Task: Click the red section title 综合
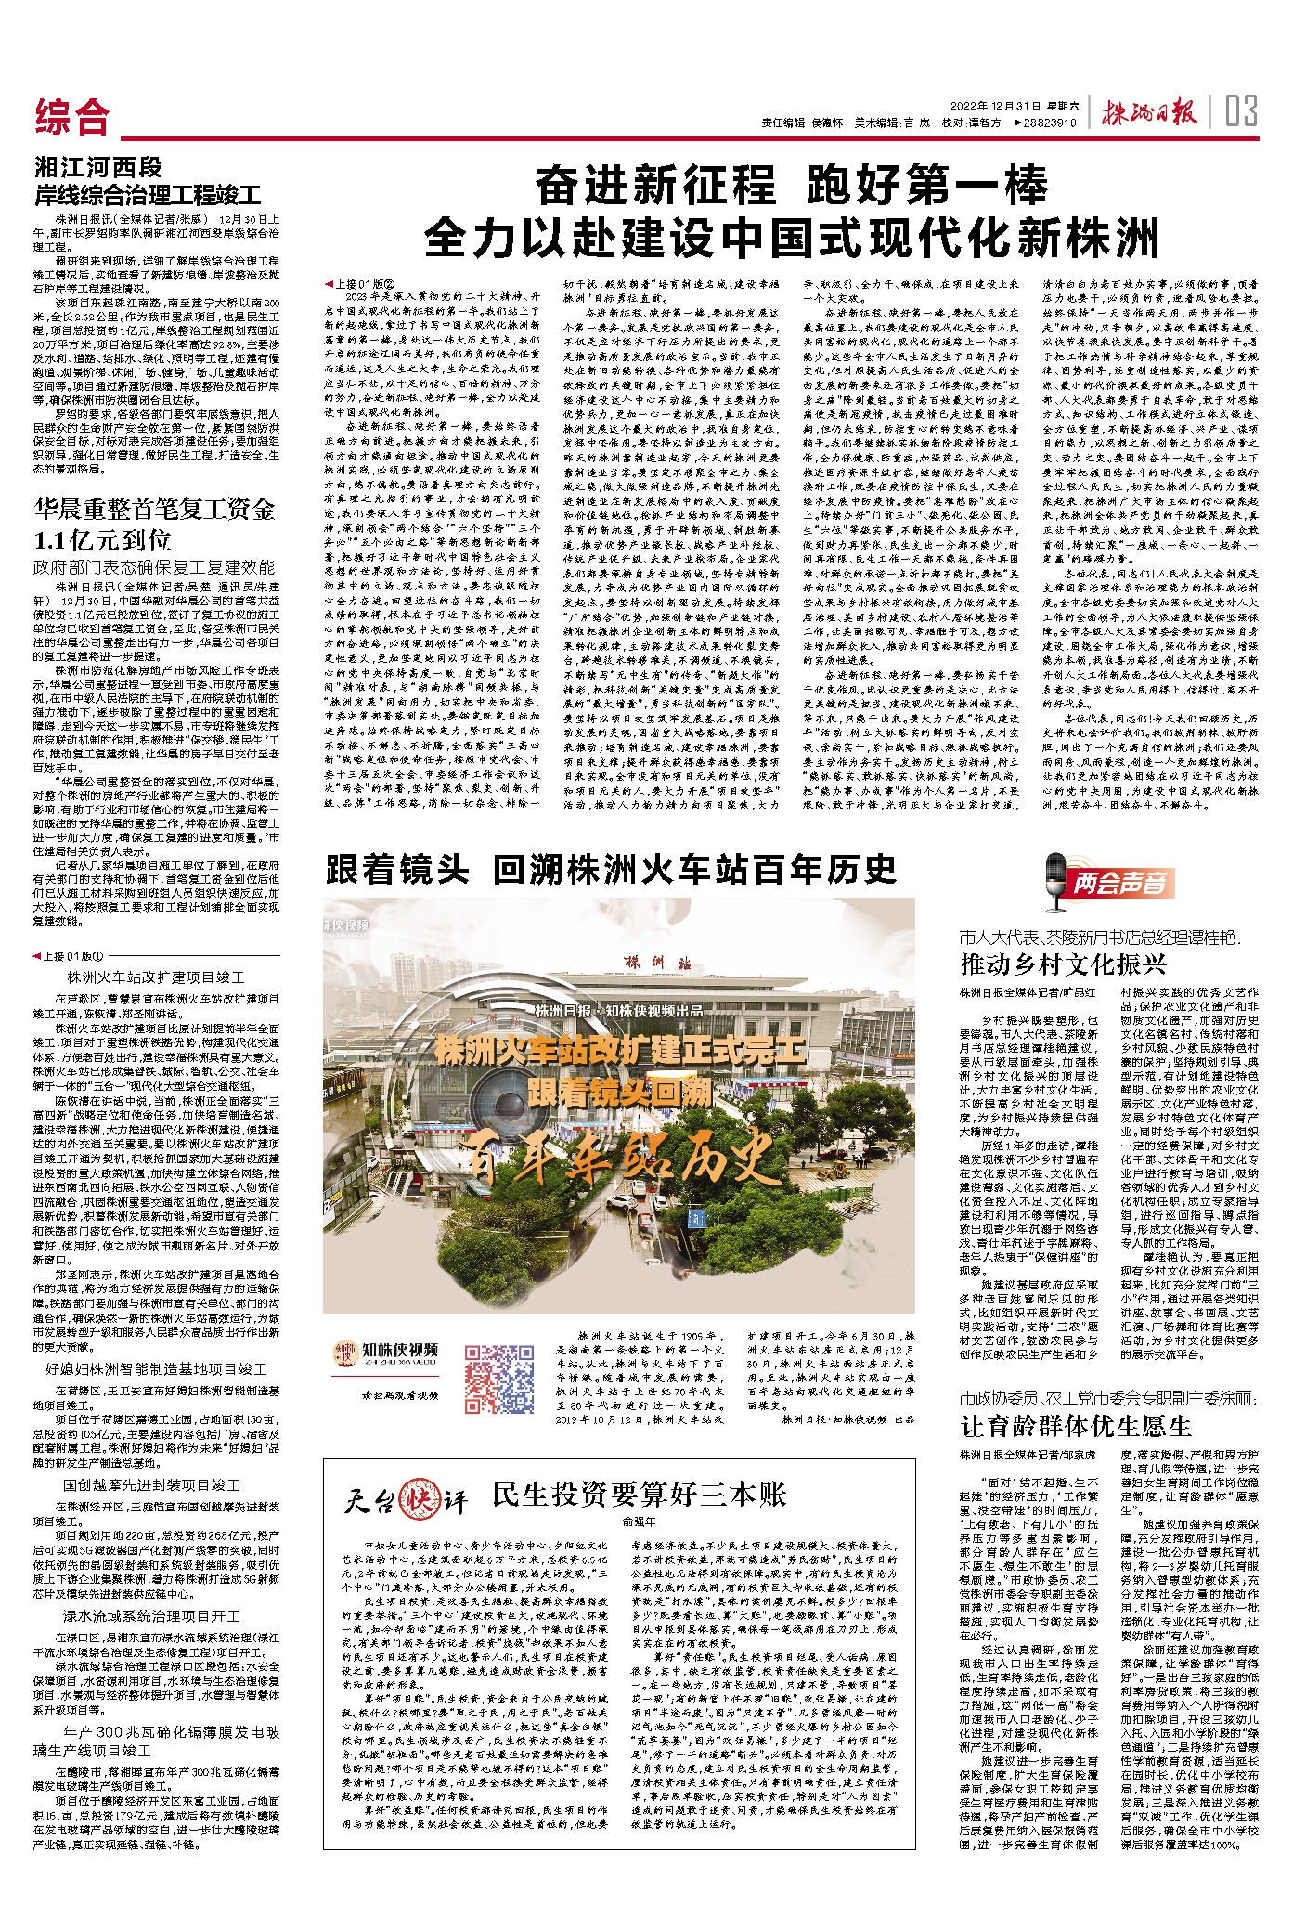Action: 72,117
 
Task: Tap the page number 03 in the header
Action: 1240,112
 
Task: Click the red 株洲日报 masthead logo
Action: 1148,113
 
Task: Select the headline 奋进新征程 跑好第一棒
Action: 792,187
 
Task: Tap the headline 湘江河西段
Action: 98,167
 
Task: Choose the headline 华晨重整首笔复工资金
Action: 155,509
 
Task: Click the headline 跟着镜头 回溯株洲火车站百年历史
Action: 611,870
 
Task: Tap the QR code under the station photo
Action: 499,1370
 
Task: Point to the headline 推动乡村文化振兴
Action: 1062,964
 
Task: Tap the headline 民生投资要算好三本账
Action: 639,1494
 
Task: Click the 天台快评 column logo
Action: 405,1499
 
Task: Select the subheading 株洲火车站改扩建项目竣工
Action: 156,977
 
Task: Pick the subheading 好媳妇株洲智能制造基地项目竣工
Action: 156,1369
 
